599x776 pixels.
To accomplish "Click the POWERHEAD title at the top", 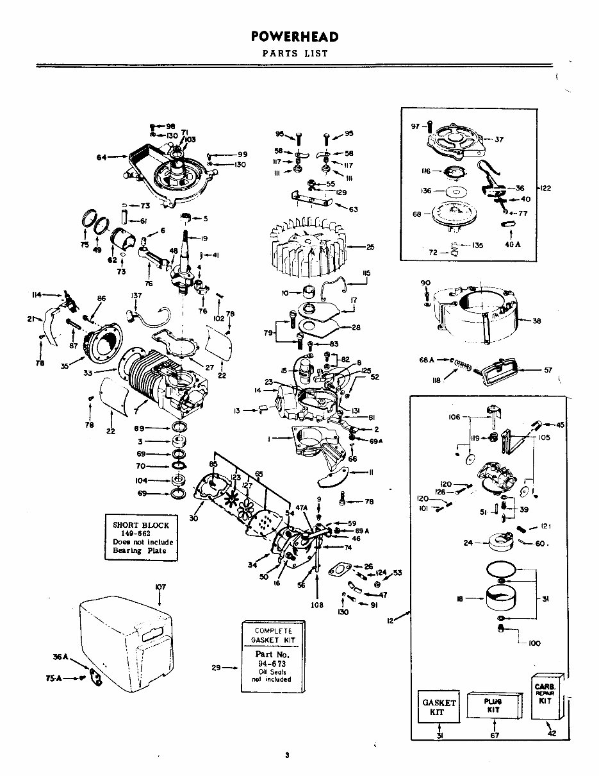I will pos(295,37).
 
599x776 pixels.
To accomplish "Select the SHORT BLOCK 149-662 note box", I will pos(141,537).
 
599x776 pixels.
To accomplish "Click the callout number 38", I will pos(536,321).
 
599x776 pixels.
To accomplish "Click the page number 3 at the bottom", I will pos(288,755).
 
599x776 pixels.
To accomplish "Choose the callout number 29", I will pos(216,668).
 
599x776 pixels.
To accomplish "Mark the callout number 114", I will pos(37,294).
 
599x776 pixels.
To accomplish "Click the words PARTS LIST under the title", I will pos(295,54).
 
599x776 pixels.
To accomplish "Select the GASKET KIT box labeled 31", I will pos(439,707).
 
